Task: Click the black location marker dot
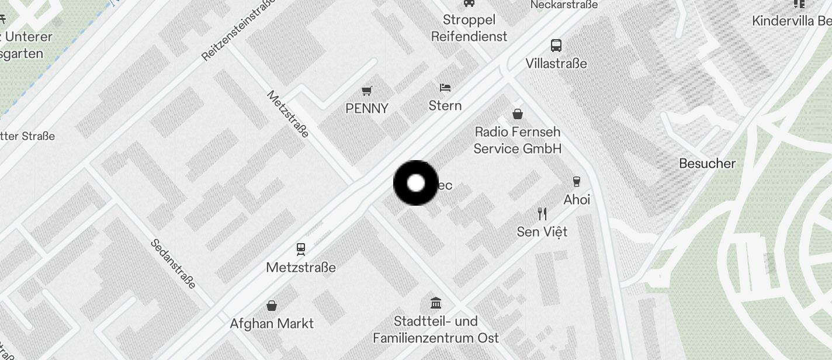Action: (x=415, y=183)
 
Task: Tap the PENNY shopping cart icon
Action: (x=367, y=91)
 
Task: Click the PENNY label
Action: (x=367, y=108)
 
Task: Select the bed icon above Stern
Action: (x=445, y=88)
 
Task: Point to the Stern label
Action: (x=445, y=106)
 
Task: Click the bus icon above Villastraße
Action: (x=556, y=45)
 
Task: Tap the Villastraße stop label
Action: (x=556, y=63)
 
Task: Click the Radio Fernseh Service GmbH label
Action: (x=517, y=140)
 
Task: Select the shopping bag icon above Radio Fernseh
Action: (x=517, y=113)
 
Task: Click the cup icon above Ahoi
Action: (x=577, y=181)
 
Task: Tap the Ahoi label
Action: (x=577, y=200)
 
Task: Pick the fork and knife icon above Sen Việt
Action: (x=542, y=213)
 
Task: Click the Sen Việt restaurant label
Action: (x=542, y=232)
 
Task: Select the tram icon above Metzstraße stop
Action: (x=301, y=250)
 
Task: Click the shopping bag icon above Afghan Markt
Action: (x=272, y=305)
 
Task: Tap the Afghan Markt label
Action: (x=272, y=324)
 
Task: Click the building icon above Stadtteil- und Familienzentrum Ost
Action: (x=436, y=303)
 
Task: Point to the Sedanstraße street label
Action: (x=173, y=264)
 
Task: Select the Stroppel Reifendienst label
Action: (x=469, y=28)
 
